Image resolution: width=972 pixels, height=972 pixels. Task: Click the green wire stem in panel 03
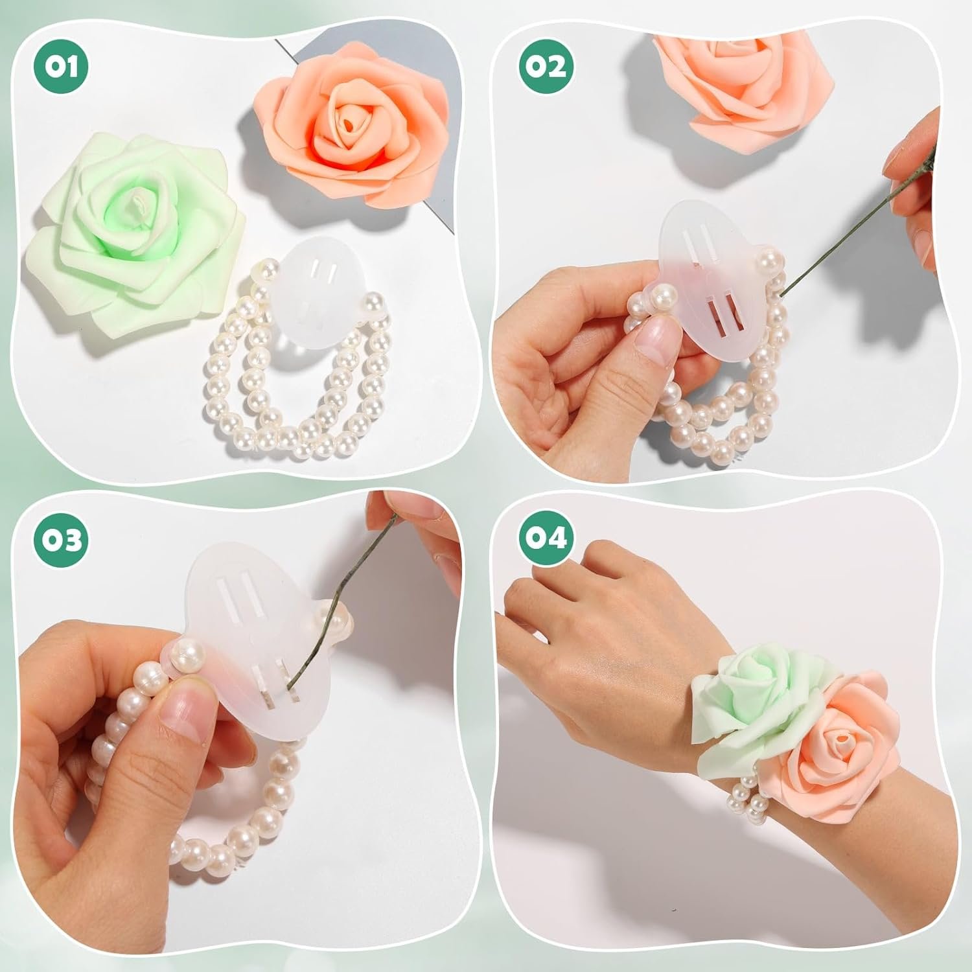pos(343,596)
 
